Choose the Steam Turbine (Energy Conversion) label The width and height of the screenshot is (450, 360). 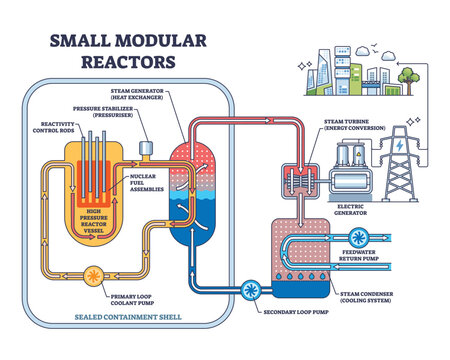click(360, 125)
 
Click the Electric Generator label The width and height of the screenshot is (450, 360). click(357, 201)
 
